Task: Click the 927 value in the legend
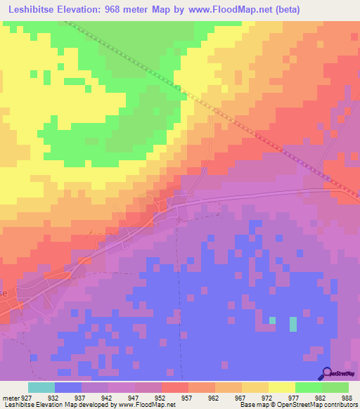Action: (x=25, y=397)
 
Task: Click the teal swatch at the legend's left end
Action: (x=41, y=387)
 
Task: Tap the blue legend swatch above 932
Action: (x=68, y=387)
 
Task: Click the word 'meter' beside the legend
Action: (x=9, y=397)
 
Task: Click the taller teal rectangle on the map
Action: (x=293, y=324)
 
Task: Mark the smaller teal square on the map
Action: (x=272, y=320)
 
